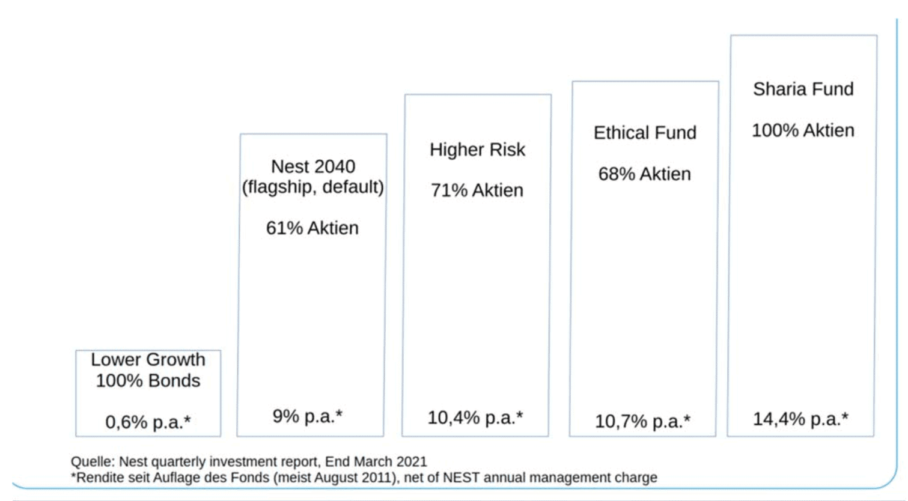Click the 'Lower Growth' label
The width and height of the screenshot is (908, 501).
click(148, 360)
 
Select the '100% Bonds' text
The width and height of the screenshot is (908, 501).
click(148, 381)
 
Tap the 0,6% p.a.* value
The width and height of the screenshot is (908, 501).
click(148, 422)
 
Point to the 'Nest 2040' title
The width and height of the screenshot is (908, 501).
click(313, 166)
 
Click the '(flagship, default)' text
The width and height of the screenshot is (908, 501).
click(312, 187)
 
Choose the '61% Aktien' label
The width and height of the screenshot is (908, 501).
click(312, 228)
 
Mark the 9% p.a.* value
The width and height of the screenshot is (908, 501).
click(308, 416)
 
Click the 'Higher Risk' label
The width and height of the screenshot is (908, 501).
click(477, 149)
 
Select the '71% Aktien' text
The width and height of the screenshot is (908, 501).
click(477, 190)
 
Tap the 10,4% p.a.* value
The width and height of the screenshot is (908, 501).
click(475, 417)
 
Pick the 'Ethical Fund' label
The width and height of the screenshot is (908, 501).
click(645, 133)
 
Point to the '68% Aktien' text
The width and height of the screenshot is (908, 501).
click(645, 174)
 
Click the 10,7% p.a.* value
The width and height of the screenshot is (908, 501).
click(643, 421)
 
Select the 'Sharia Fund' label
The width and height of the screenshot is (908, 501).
click(803, 89)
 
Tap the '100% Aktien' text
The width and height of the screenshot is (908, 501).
click(803, 130)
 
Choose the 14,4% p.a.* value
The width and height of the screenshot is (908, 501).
click(800, 419)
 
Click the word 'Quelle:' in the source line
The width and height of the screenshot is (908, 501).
click(93, 461)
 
